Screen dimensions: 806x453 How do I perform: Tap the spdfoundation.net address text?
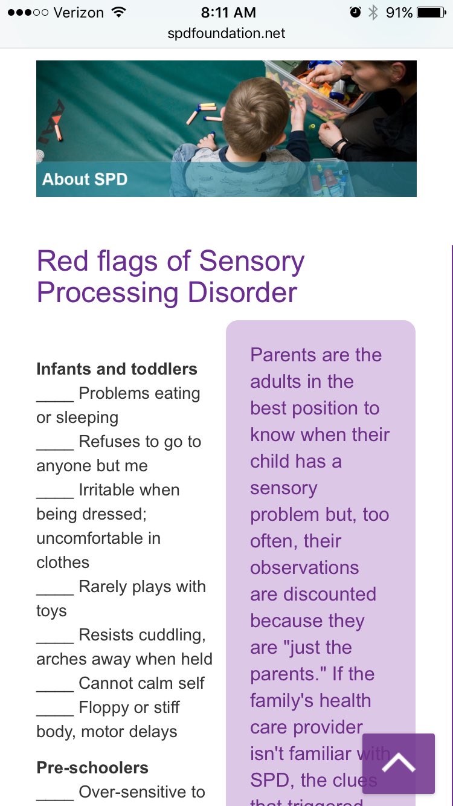coord(226,33)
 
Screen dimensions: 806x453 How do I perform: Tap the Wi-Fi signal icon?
coord(118,12)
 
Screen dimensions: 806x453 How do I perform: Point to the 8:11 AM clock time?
coord(228,12)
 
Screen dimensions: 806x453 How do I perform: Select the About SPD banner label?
coord(85,179)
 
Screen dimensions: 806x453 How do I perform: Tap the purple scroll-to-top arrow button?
coord(398,763)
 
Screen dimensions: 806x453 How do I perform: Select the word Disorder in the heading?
coord(242,292)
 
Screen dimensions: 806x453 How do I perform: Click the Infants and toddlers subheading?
coord(117,369)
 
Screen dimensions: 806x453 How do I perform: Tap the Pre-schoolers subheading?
coord(92,768)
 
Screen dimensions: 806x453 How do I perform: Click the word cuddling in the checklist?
coord(172,635)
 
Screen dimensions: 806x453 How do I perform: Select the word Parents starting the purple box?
coord(282,355)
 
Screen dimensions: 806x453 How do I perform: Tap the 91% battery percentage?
coord(399,12)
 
